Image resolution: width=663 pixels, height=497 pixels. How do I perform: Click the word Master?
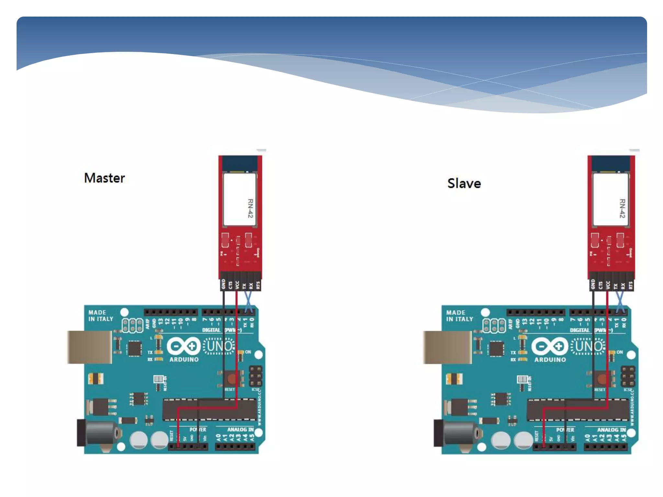tap(104, 178)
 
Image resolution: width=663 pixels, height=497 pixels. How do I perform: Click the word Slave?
tap(464, 183)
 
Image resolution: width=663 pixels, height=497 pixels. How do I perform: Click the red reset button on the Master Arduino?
tap(231, 378)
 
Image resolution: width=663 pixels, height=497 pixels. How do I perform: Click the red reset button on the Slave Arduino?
tap(602, 378)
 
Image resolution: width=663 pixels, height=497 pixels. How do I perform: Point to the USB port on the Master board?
tap(90, 347)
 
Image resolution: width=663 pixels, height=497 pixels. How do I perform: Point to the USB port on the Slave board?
tap(447, 347)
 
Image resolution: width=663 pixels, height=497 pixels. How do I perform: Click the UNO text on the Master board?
tap(219, 346)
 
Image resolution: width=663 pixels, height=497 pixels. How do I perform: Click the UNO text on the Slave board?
tap(588, 346)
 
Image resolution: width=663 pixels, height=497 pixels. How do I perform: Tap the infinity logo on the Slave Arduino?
tap(550, 346)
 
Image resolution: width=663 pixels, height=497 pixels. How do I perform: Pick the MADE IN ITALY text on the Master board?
tap(101, 315)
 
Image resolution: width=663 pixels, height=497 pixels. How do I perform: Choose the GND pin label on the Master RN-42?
tap(223, 284)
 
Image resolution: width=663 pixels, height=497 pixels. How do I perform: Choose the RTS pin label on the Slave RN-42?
tap(630, 285)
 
